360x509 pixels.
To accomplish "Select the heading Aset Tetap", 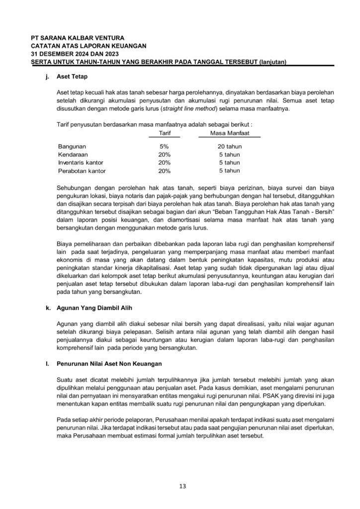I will click(72, 77).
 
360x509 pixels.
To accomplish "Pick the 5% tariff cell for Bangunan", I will click(164, 147).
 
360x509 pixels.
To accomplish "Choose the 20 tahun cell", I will click(230, 147).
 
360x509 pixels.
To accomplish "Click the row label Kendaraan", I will click(73, 155).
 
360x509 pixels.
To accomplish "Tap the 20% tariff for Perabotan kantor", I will click(164, 171).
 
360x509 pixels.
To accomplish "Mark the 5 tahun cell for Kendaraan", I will click(230, 155).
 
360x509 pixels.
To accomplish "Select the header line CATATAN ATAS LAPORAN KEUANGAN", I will click(89, 46).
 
